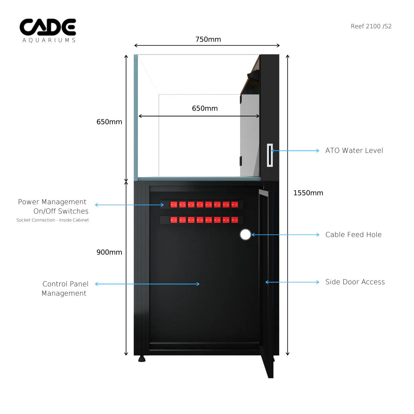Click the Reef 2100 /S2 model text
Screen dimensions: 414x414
(x=371, y=26)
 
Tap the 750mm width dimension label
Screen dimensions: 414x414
(x=208, y=39)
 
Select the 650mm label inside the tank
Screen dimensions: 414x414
(x=205, y=108)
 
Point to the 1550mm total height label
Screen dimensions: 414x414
(x=308, y=193)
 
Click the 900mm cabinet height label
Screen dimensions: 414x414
(x=109, y=252)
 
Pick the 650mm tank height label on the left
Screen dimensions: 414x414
(x=109, y=122)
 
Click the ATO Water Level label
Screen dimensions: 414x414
(x=354, y=150)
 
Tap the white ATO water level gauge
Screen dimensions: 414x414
(x=270, y=155)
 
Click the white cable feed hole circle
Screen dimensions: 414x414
(x=245, y=235)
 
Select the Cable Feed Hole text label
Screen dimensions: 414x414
(x=353, y=235)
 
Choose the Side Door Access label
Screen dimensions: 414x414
(x=355, y=282)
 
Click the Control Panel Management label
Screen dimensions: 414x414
(x=65, y=288)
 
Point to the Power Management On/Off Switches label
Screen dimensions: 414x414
(x=53, y=206)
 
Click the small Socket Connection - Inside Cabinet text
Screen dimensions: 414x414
(x=52, y=220)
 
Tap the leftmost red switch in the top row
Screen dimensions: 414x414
(x=174, y=205)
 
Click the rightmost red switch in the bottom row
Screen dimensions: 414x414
(x=235, y=220)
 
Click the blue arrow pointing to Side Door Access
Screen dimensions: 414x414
(x=292, y=282)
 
